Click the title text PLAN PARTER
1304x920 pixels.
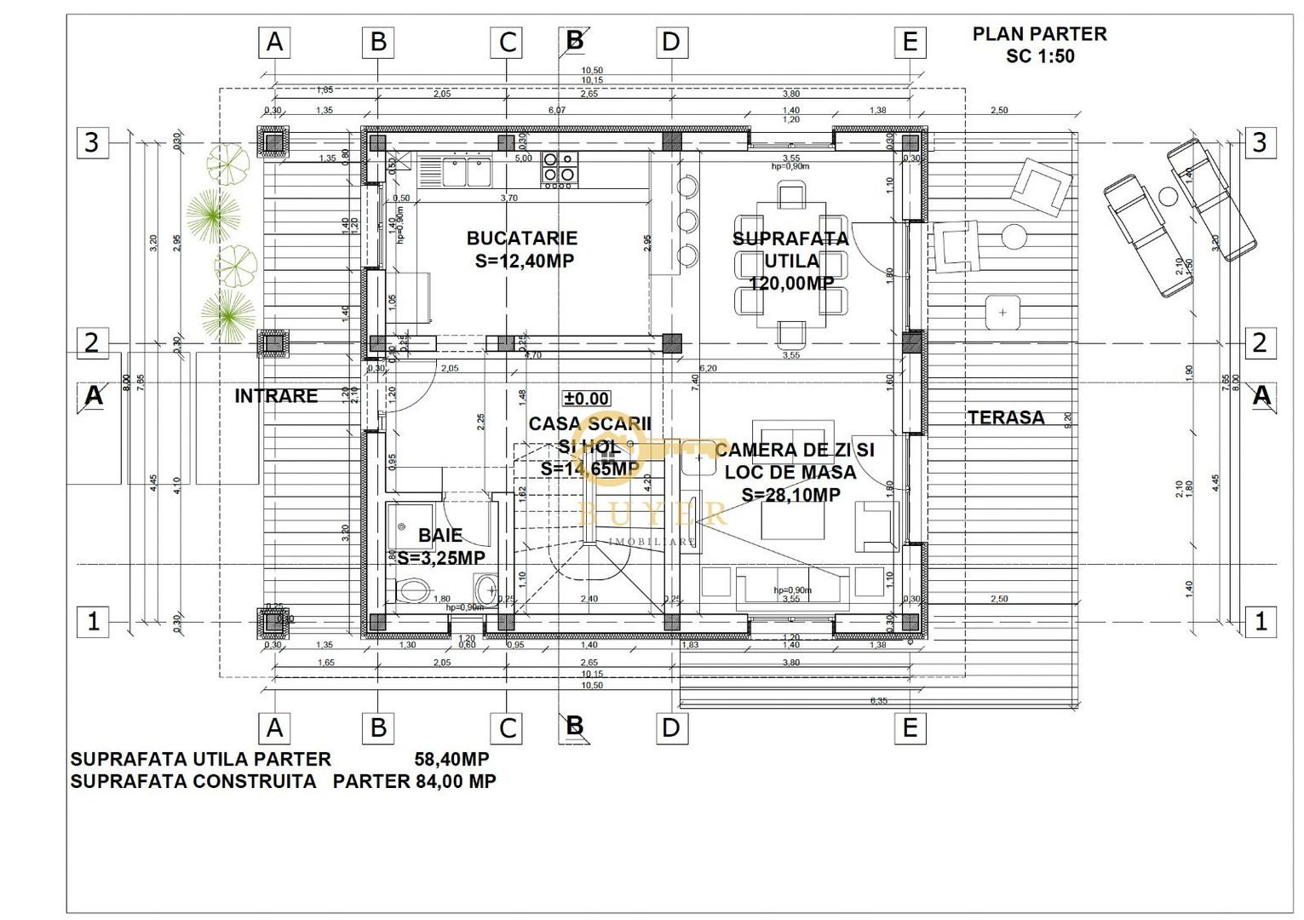pyautogui.click(x=1039, y=34)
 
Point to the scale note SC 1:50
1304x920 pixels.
pyautogui.click(x=1040, y=56)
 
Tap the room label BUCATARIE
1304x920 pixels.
pyautogui.click(x=521, y=239)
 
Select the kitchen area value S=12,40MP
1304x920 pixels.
pyautogui.click(x=524, y=261)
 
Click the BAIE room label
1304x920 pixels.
pyautogui.click(x=440, y=536)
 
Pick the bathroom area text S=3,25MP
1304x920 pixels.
pyautogui.click(x=441, y=558)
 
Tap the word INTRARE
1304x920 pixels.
pyautogui.click(x=276, y=396)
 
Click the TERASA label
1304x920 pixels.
pyautogui.click(x=1005, y=417)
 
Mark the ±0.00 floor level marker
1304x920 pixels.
pyautogui.click(x=587, y=399)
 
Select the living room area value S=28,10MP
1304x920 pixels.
pyautogui.click(x=790, y=495)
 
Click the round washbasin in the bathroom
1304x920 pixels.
pyautogui.click(x=487, y=588)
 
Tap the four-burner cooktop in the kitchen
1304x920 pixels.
pyautogui.click(x=560, y=168)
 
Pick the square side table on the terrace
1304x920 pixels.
pyautogui.click(x=1002, y=313)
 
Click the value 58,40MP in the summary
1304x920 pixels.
pyautogui.click(x=451, y=759)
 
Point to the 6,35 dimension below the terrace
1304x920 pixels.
pyautogui.click(x=878, y=701)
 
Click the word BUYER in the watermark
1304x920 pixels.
pyautogui.click(x=652, y=514)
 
